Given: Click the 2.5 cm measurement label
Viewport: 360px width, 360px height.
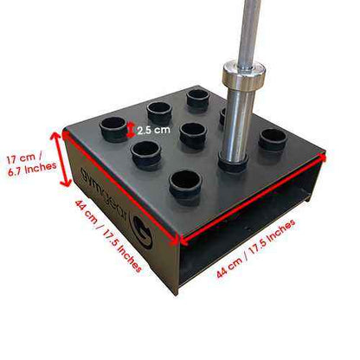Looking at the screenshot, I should tap(152, 131).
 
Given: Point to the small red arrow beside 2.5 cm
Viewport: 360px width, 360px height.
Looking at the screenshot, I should tap(131, 130).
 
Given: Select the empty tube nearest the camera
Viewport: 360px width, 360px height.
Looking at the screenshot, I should tap(184, 182).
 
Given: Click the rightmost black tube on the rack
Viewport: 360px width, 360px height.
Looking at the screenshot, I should tap(273, 138).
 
